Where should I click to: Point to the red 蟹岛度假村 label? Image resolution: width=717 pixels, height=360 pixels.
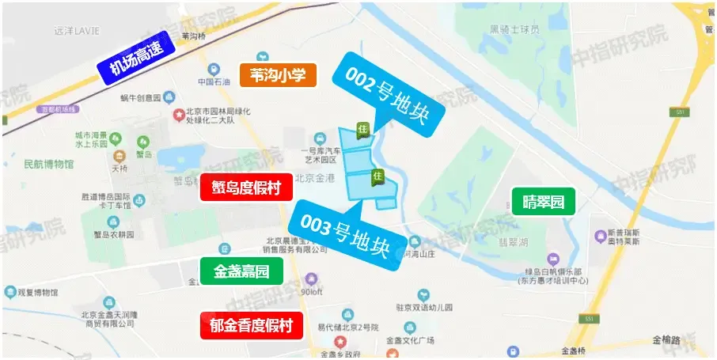coord(246,188)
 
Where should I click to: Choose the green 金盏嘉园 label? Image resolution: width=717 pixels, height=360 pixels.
coord(241,271)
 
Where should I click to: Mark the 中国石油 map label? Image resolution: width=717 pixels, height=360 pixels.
coord(214,82)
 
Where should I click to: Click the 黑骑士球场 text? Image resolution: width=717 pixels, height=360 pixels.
coord(514,29)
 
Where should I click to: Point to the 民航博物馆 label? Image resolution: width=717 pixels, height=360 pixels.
coord(49,165)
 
